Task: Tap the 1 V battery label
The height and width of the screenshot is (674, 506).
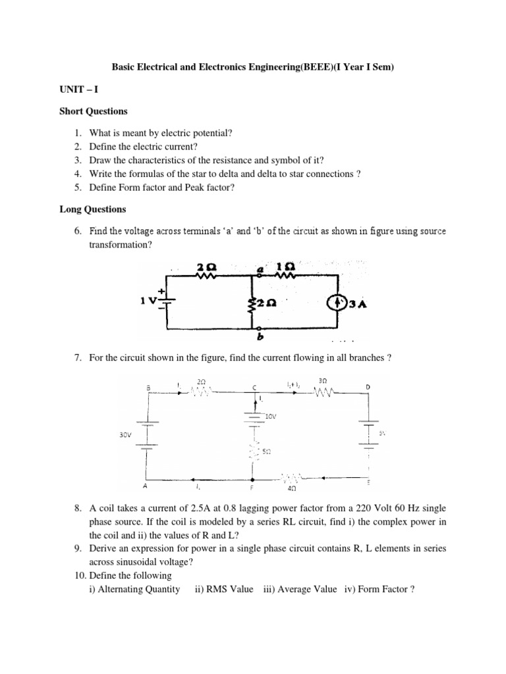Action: coord(150,301)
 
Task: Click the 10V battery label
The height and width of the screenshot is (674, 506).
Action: coord(271,417)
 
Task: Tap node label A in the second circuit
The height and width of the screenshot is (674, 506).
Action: coord(146,488)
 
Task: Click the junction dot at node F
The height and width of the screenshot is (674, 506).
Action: coord(253,479)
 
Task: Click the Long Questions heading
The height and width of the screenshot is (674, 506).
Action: coord(92,210)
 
